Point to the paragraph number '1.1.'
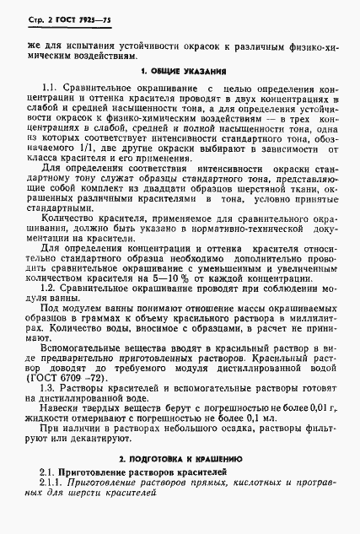(x=52, y=89)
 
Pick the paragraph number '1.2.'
(x=52, y=287)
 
